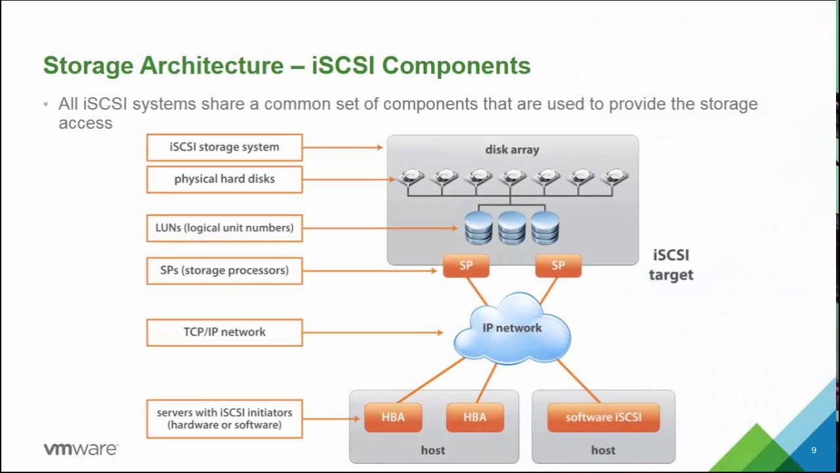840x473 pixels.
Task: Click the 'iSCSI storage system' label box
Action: [224, 147]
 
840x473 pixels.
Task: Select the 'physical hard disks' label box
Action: [224, 179]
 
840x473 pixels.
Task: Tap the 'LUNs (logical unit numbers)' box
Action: [224, 228]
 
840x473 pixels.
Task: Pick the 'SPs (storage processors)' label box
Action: [224, 270]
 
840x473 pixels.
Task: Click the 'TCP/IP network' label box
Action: [224, 332]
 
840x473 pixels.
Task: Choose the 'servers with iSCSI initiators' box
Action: [224, 418]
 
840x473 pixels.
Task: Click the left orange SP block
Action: [466, 265]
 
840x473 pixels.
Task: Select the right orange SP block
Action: [558, 265]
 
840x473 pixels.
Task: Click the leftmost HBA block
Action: [393, 417]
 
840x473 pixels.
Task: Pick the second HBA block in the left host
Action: [475, 417]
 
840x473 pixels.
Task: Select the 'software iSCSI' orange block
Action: [603, 417]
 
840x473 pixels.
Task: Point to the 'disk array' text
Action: [512, 150]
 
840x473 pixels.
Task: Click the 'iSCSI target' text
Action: [671, 265]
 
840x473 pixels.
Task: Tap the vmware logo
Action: [81, 449]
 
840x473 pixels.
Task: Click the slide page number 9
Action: [814, 450]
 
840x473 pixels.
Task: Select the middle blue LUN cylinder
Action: [512, 227]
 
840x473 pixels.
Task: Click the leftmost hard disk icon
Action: [411, 177]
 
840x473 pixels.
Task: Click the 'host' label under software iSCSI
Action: [603, 450]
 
